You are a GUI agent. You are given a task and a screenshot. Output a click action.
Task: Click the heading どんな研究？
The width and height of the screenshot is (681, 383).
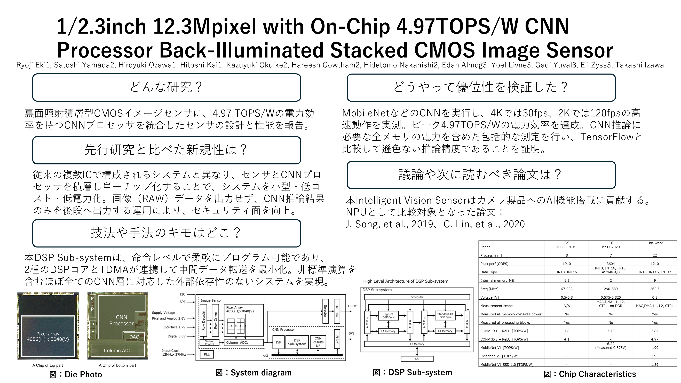pyautogui.click(x=167, y=87)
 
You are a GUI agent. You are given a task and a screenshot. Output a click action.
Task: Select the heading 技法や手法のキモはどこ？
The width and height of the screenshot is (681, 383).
pyautogui.click(x=167, y=233)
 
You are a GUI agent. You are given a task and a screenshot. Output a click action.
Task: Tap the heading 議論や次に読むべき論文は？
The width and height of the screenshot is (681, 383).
pyautogui.click(x=481, y=175)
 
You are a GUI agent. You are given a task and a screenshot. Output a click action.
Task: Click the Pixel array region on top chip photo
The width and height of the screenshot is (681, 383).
pyautogui.click(x=48, y=336)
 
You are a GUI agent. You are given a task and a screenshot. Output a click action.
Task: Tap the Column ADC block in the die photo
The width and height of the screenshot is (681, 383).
pyautogui.click(x=118, y=350)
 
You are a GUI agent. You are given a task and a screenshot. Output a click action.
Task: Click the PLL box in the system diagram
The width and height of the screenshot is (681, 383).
pyautogui.click(x=207, y=354)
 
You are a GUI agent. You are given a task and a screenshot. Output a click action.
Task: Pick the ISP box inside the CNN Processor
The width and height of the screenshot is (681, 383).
pyautogui.click(x=278, y=342)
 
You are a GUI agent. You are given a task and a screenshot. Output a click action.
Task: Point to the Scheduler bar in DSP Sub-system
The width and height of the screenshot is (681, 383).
pyautogui.click(x=417, y=297)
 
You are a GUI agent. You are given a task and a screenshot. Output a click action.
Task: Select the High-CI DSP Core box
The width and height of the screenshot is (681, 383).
pyautogui.click(x=388, y=316)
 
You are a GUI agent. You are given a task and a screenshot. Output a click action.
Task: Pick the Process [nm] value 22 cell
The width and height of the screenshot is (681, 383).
pyautogui.click(x=655, y=255)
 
